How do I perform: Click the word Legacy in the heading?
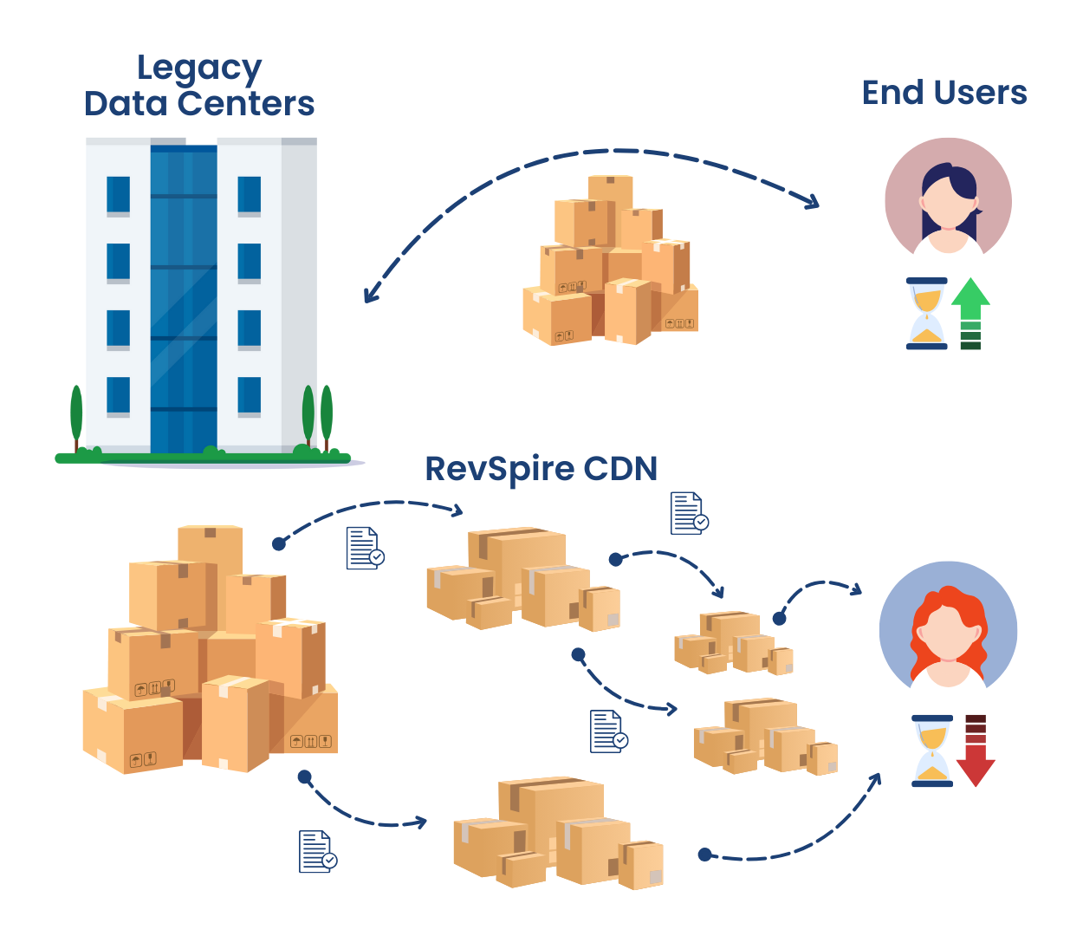point(199,68)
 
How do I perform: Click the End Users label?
point(944,93)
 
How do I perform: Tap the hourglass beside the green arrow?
point(927,314)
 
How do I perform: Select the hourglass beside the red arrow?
point(932,751)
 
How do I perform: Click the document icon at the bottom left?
point(317,851)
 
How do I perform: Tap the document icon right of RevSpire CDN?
point(689,513)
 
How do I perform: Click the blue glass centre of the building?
point(184,295)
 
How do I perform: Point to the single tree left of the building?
point(76,416)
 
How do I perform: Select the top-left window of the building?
point(118,196)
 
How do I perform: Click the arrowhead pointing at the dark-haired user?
point(811,202)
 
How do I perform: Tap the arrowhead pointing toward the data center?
point(371,294)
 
